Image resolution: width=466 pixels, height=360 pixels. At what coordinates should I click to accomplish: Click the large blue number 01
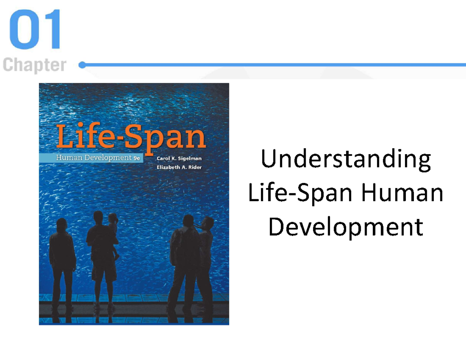(35, 30)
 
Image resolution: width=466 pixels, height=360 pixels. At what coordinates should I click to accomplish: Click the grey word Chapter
(35, 65)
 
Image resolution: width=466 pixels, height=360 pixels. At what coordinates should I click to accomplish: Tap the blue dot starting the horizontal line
(82, 65)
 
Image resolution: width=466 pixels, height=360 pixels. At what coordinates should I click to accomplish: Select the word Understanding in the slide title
(346, 160)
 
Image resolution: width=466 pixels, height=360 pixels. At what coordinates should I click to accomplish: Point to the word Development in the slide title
(346, 227)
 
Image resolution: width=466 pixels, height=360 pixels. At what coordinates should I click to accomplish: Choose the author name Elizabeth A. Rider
(179, 167)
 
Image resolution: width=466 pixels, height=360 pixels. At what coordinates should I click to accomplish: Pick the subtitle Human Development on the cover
(93, 158)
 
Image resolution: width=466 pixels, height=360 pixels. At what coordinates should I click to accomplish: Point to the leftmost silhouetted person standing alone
(62, 260)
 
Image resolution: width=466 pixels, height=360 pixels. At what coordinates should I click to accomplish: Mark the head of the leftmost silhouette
(62, 225)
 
